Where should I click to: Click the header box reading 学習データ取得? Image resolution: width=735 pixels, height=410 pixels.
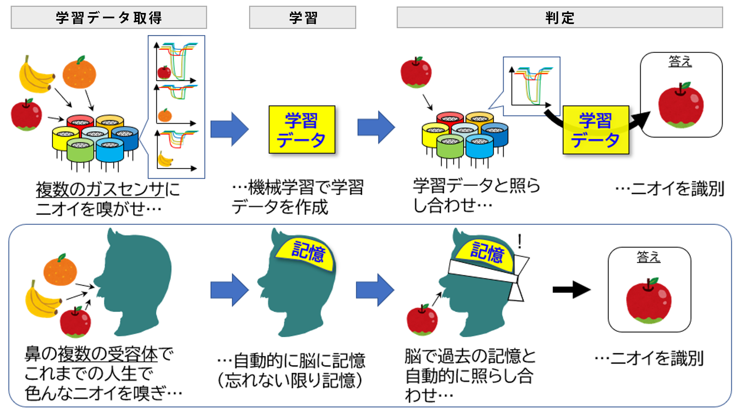click(x=109, y=18)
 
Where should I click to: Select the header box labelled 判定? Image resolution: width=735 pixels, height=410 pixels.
click(x=559, y=18)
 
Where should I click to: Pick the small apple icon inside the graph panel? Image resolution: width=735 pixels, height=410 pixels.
click(x=164, y=72)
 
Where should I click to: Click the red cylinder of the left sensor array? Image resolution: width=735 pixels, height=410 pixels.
click(x=80, y=121)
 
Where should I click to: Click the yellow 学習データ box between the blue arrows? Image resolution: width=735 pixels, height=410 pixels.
click(x=302, y=130)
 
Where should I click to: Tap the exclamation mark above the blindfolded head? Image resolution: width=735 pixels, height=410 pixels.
click(x=519, y=242)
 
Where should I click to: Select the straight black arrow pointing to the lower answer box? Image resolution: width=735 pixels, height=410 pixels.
click(x=571, y=290)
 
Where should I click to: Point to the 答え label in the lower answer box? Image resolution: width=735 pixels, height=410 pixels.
click(x=648, y=257)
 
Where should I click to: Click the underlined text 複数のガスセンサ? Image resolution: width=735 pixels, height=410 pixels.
click(x=100, y=189)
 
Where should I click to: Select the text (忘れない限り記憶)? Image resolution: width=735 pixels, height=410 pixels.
click(x=290, y=380)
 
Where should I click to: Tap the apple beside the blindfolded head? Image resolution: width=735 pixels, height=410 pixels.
click(x=422, y=320)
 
